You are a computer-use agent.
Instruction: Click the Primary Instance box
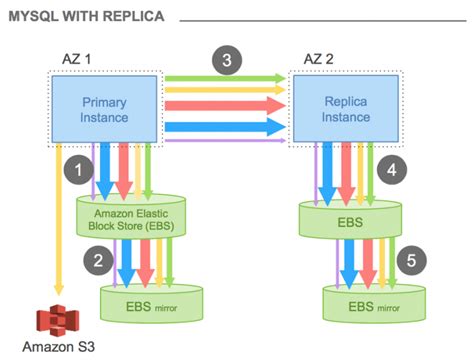102,109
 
